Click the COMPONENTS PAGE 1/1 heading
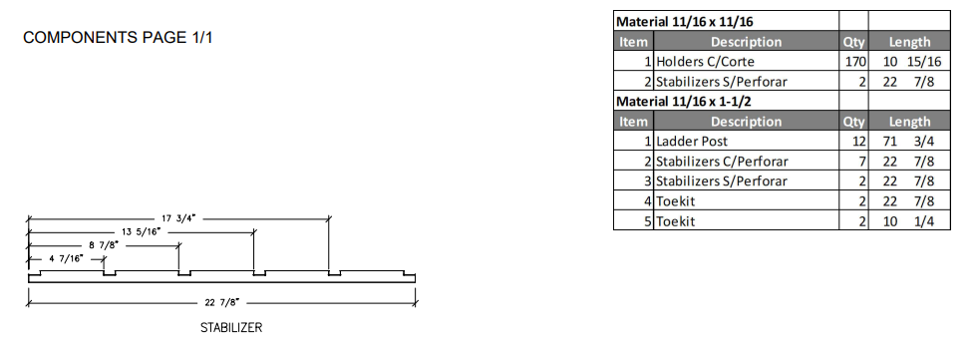coord(118,37)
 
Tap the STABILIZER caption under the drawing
coord(231,328)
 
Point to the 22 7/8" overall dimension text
coord(222,303)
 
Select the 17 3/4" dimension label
coord(178,218)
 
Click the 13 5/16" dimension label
coord(141,231)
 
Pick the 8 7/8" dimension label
coord(104,245)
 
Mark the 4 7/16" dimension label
coord(66,258)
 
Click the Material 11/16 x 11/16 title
coord(685,22)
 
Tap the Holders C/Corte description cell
coord(746,62)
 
